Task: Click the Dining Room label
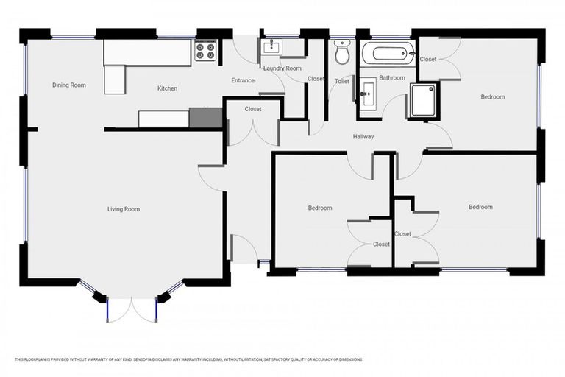[68, 85]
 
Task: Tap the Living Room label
[123, 209]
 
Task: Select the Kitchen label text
[167, 88]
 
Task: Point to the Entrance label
[243, 81]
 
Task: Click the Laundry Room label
[283, 68]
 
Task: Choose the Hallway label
[363, 137]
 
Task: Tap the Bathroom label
[392, 77]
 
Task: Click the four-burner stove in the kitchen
[205, 50]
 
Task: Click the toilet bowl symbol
[342, 52]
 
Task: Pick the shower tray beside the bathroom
[424, 100]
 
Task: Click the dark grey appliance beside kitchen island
[205, 118]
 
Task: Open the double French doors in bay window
[131, 309]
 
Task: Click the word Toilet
[341, 82]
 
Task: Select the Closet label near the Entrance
[253, 109]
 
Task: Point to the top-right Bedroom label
[493, 96]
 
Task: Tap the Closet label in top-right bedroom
[428, 59]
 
